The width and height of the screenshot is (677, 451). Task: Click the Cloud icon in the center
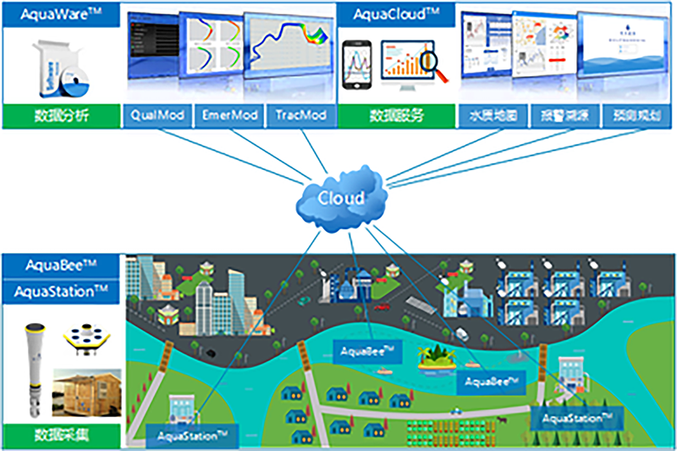(x=341, y=199)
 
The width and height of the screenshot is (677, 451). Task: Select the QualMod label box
(x=157, y=116)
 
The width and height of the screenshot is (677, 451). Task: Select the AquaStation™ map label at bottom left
(x=192, y=436)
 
